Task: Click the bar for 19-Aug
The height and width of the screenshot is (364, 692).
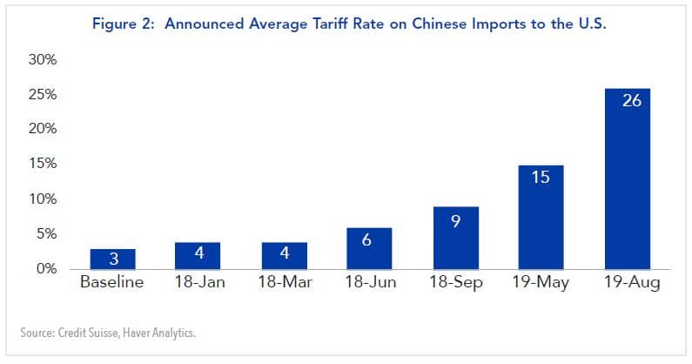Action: point(627,179)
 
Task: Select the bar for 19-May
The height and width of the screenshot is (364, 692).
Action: point(541,217)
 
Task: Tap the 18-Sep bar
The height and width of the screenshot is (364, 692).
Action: point(455,238)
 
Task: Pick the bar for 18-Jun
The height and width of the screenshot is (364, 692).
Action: point(369,248)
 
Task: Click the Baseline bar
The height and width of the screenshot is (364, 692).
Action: point(112,259)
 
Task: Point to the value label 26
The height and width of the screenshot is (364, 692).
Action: point(632,100)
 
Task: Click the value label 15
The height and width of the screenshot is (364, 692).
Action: point(541,178)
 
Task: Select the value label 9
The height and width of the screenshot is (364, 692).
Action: point(455,220)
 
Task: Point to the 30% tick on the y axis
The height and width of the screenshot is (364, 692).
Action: point(44,60)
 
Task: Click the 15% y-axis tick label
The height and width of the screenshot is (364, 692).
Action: point(44,164)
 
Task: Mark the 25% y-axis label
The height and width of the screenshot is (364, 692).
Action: point(44,94)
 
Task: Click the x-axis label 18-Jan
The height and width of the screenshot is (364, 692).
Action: point(198,284)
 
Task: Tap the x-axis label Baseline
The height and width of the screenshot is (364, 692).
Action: point(112,284)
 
